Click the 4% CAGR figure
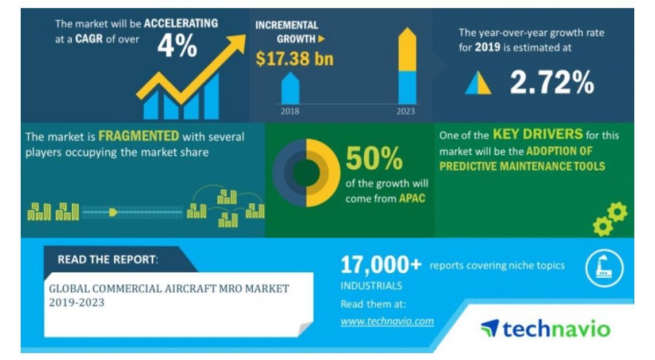point(177,45)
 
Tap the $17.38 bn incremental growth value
point(295,59)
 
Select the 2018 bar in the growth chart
point(290,88)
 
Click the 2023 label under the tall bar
point(406,111)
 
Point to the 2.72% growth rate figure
point(552,82)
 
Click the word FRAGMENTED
point(138,136)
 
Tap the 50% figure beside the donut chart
point(374,158)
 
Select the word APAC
point(412,198)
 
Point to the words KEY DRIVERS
point(538,134)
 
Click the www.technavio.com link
point(387,321)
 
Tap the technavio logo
point(546,328)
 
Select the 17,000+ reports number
point(381,265)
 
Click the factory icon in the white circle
point(604,268)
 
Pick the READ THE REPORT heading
point(108,260)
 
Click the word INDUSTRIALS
point(371,286)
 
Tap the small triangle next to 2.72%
point(478,83)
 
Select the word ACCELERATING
point(181,24)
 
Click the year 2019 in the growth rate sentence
point(487,47)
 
